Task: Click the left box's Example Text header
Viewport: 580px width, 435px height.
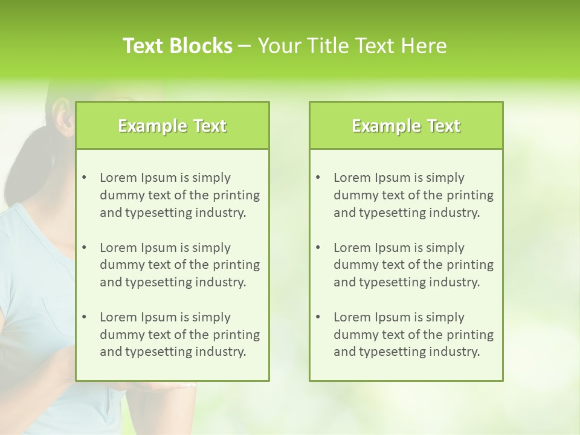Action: [x=172, y=126]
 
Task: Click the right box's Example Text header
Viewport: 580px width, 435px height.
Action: [x=406, y=126]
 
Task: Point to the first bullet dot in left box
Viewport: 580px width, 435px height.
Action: [x=84, y=178]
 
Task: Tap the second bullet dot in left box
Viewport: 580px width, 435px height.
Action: [x=84, y=248]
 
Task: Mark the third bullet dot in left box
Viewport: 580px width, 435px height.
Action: [x=84, y=317]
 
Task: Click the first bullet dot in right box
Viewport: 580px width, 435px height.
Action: [x=318, y=178]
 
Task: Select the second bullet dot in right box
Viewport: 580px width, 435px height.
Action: [x=318, y=248]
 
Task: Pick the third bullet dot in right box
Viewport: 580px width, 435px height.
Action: [x=318, y=317]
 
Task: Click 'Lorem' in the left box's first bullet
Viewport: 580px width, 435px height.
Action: [x=118, y=178]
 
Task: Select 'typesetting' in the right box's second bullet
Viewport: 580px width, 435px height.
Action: [x=390, y=282]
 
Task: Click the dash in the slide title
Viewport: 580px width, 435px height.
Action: [x=245, y=46]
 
